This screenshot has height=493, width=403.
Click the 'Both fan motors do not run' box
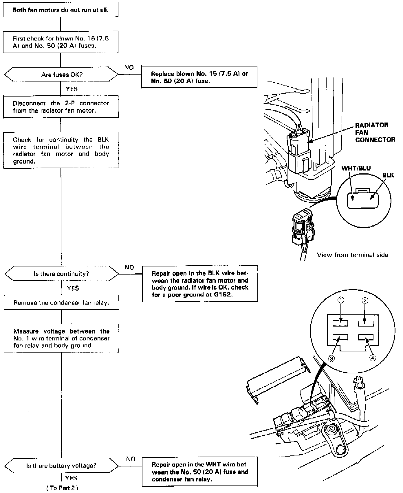tap(61, 10)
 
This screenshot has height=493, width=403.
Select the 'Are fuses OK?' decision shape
tap(61, 75)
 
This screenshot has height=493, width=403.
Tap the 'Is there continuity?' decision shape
tap(61, 273)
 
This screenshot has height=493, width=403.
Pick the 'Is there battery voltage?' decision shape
tap(61, 466)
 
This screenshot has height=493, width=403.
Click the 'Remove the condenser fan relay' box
tap(61, 303)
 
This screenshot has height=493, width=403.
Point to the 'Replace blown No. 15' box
tap(199, 77)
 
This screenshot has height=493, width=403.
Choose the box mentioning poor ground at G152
tap(200, 284)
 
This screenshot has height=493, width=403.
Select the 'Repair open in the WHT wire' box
tap(200, 472)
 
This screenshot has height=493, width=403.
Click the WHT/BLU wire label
tap(356, 168)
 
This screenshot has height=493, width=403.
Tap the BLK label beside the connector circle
tap(388, 175)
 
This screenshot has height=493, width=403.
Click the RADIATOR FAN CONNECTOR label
tap(375, 132)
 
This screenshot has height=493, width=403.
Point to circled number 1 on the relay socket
tap(341, 300)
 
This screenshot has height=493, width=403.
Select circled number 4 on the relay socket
tap(373, 358)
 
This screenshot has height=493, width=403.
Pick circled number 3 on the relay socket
tap(331, 358)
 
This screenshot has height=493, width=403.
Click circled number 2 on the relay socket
tap(365, 301)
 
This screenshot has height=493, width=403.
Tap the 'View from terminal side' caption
tap(352, 255)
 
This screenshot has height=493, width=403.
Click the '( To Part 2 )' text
tap(62, 488)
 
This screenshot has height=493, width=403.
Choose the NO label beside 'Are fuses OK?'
tap(129, 68)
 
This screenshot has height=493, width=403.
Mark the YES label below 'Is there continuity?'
tap(73, 288)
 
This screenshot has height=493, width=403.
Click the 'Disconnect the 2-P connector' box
tap(61, 107)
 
